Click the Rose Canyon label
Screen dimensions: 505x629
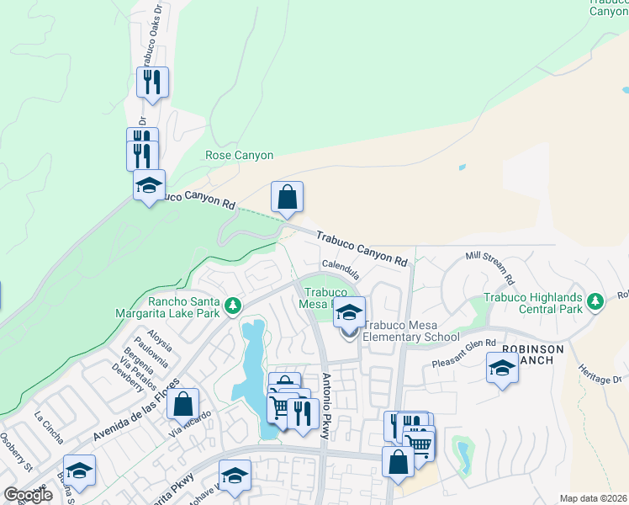click(x=240, y=156)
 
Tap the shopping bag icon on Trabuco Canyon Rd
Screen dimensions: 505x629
click(x=287, y=198)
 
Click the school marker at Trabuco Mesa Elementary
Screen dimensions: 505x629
click(x=349, y=313)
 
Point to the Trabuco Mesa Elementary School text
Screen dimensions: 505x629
click(x=412, y=332)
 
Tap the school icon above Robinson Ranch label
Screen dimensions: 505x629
click(x=502, y=369)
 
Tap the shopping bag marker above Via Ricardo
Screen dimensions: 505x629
click(x=182, y=405)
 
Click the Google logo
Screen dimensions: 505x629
click(x=28, y=495)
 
